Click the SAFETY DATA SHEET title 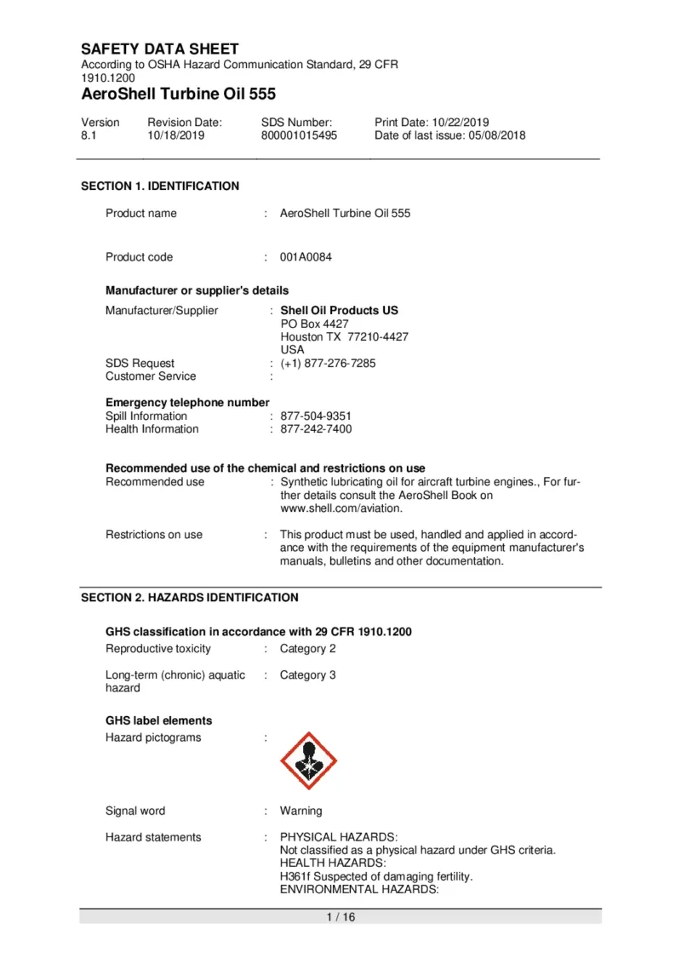click(159, 49)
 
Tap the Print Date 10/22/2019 click(432, 123)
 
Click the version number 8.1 click(89, 135)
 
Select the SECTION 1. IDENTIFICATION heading click(159, 186)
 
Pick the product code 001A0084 click(306, 257)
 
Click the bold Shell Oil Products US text click(339, 311)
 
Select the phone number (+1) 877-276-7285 click(328, 364)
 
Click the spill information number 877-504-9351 click(316, 416)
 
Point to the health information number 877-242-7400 click(316, 429)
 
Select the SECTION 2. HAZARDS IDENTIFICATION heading click(189, 598)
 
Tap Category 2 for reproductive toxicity click(308, 649)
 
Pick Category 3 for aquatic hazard click(308, 675)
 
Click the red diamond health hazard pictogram click(309, 760)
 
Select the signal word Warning click(301, 812)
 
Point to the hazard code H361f click(295, 876)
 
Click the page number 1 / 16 click(340, 917)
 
